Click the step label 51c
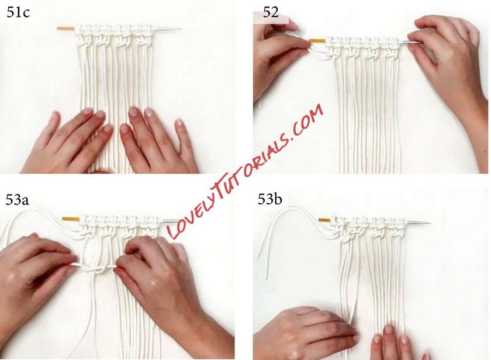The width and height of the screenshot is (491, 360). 18,13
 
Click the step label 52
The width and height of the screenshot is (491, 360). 271,12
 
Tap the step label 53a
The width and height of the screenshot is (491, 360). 17,200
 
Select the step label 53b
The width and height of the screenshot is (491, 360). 270,199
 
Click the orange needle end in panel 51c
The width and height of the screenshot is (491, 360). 65,29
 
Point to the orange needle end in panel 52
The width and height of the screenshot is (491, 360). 317,40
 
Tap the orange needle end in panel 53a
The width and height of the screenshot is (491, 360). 71,219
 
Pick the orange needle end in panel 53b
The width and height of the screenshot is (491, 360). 324,220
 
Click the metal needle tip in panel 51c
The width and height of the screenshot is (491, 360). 182,29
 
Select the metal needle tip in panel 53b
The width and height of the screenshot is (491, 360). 430,223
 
